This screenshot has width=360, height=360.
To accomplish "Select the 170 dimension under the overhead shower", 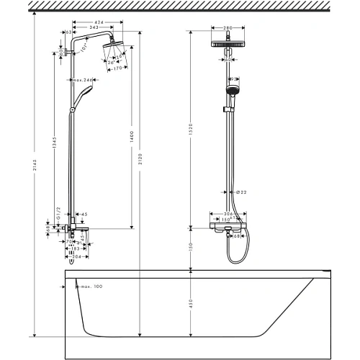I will coord(114,70).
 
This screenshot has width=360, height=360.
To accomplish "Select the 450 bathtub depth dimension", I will coord(191,304).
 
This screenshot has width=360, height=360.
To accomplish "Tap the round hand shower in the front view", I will coord(232,91).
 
